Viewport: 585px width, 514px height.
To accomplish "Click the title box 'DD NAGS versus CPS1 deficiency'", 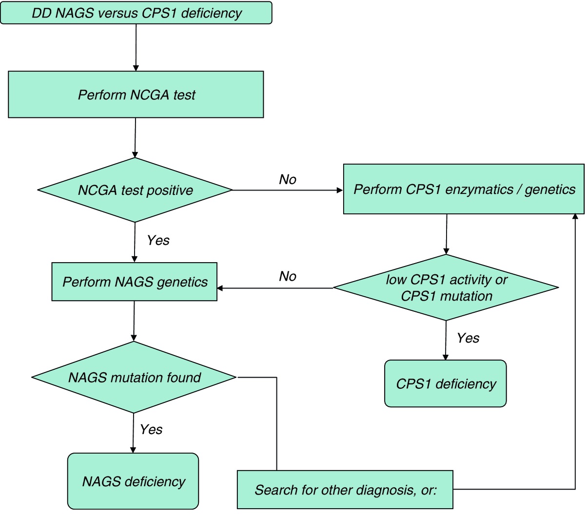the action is tap(136, 13).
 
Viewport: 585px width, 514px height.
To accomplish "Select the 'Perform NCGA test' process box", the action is tap(136, 95).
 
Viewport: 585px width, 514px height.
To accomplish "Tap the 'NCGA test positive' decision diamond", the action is tap(135, 190).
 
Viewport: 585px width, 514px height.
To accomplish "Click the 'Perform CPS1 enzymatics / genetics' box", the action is tap(464, 189).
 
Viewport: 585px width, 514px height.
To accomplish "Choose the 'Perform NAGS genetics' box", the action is tap(134, 282).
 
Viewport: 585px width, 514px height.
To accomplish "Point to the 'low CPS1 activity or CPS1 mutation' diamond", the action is tap(446, 287).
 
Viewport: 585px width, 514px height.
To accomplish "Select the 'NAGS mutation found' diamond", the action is tap(134, 377).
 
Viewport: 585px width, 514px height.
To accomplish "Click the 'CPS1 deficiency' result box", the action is tap(445, 383).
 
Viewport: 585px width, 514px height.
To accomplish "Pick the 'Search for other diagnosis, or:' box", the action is tap(345, 490).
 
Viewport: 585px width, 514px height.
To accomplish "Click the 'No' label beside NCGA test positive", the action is tap(288, 179).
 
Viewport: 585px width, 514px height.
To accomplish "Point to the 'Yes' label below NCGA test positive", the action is tap(158, 240).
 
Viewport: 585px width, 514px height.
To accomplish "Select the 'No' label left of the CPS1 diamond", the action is tap(288, 276).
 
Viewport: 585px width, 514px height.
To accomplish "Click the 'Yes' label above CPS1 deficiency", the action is tap(468, 338).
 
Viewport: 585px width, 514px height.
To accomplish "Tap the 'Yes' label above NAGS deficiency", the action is tap(151, 429).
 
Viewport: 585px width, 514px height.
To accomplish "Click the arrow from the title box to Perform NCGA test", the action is tap(136, 48).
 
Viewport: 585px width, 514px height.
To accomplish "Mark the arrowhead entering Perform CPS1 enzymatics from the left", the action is tap(340, 190).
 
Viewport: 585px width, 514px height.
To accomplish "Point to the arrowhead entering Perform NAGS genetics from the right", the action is tap(220, 288).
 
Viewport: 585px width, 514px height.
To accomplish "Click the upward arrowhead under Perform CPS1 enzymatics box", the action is tap(575, 217).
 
